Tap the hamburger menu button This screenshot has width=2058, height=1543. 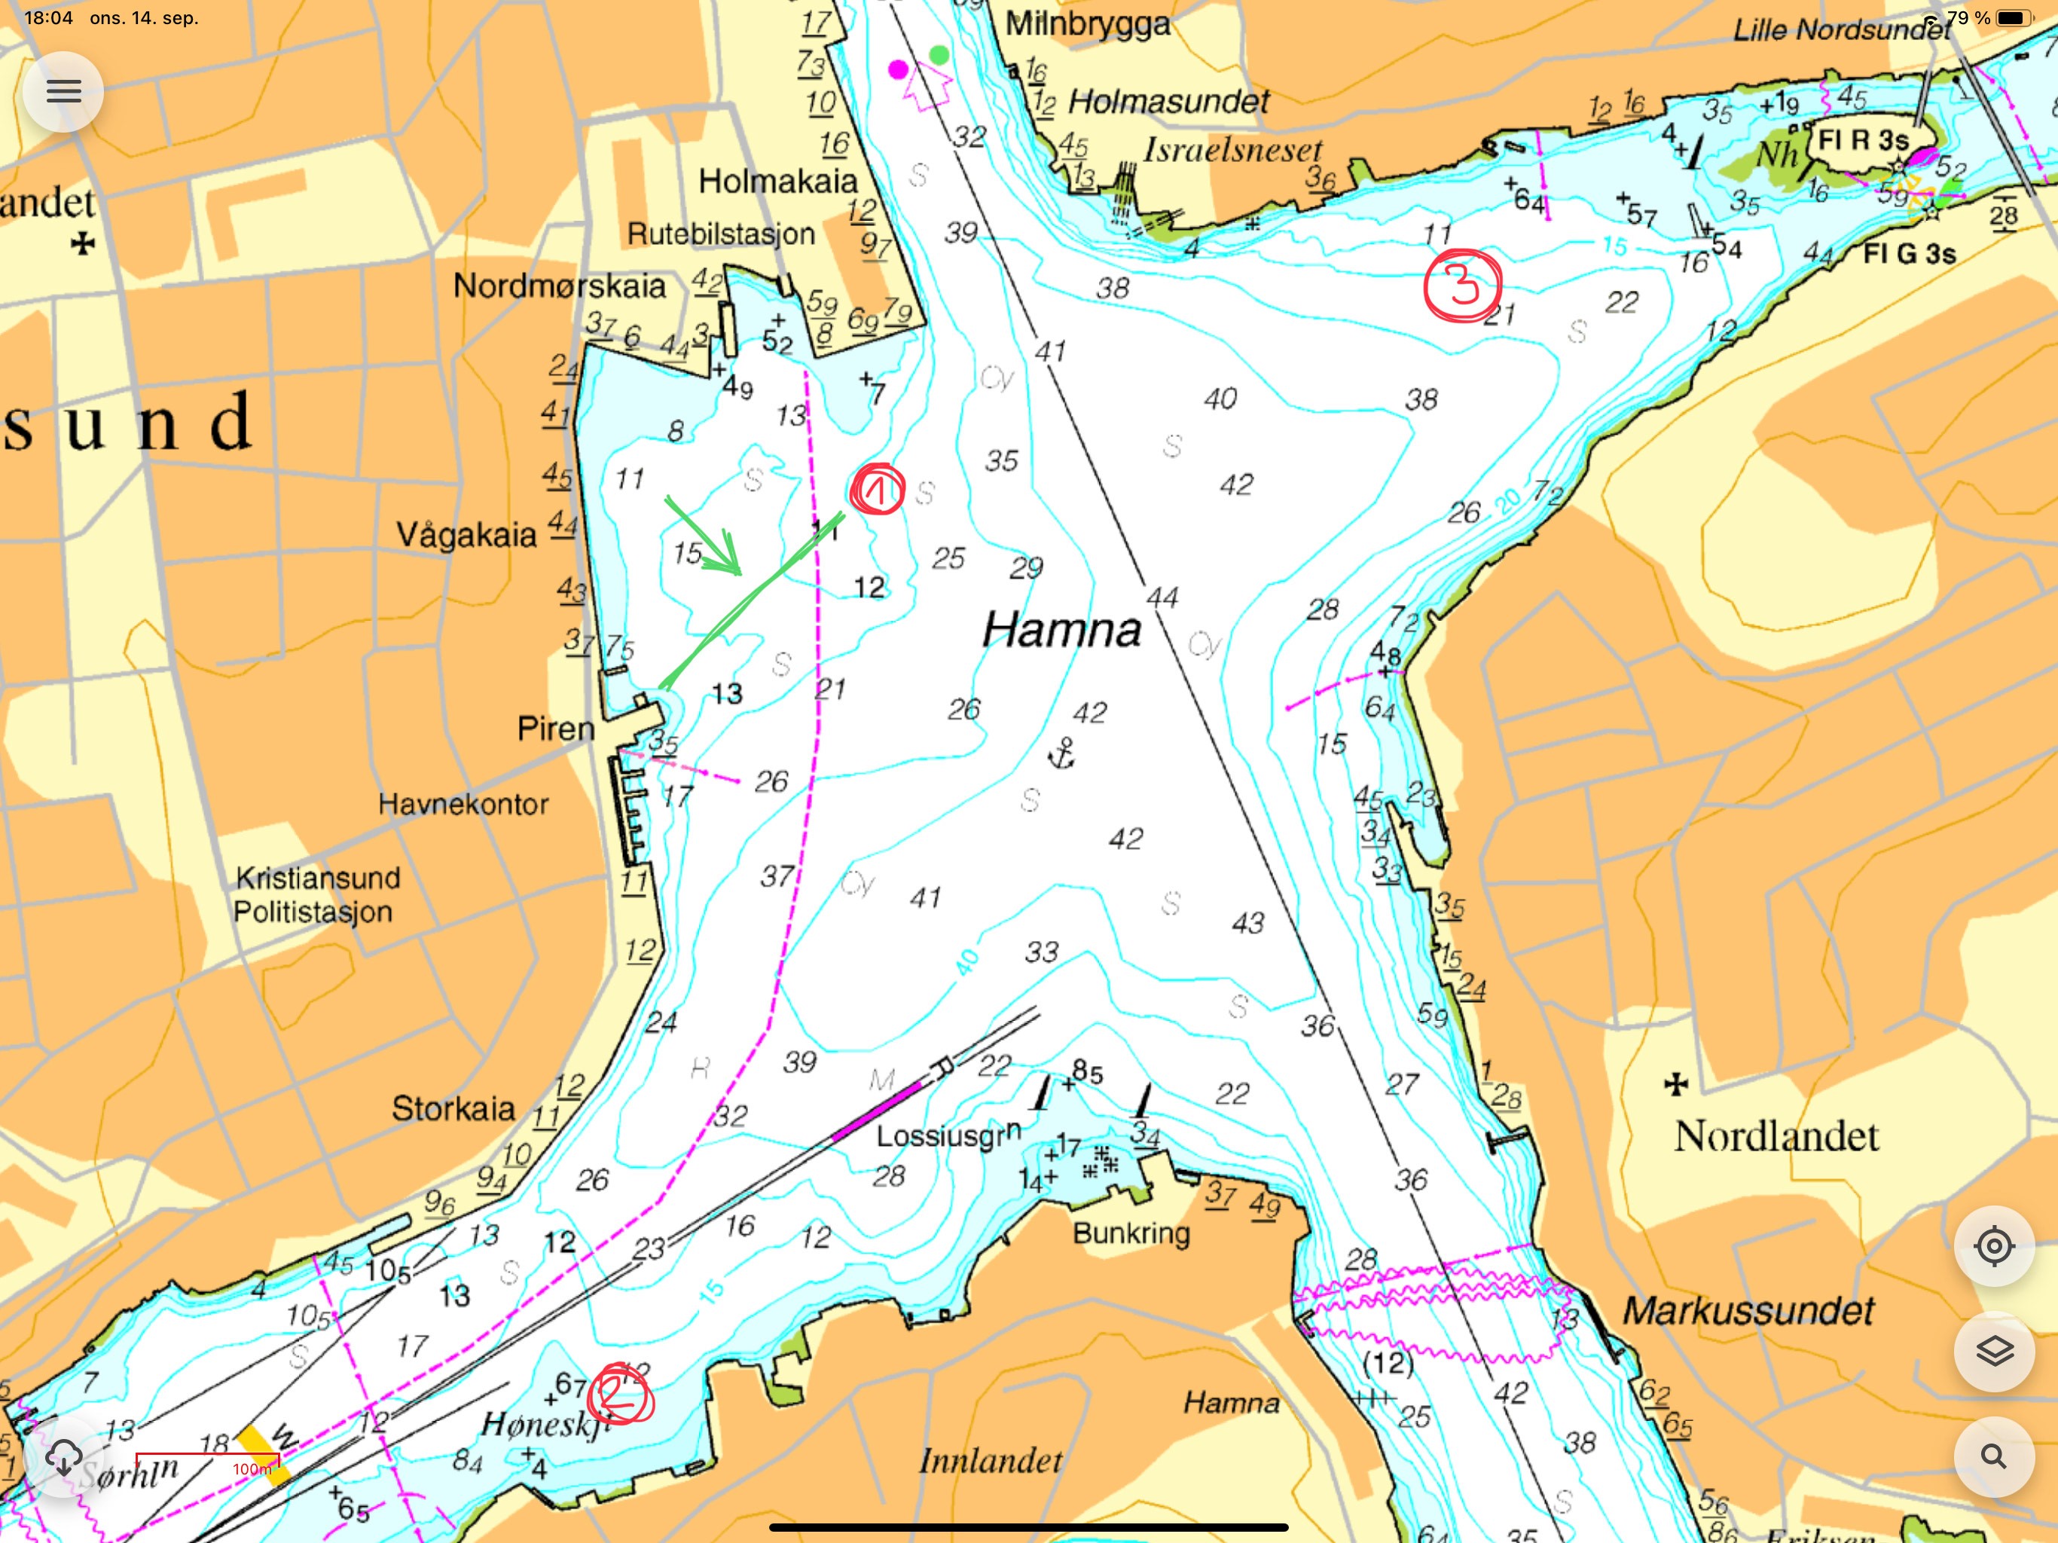point(63,91)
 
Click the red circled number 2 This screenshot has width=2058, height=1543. point(620,1394)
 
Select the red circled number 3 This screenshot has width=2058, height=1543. point(1463,285)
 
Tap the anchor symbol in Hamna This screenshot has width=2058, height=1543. point(1061,753)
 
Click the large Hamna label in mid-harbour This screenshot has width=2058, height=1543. point(1061,630)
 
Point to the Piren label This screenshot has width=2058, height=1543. point(555,729)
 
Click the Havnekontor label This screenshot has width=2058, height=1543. point(463,804)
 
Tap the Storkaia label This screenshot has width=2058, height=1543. point(453,1108)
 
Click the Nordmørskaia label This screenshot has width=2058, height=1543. point(559,286)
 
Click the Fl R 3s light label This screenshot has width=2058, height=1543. point(1863,141)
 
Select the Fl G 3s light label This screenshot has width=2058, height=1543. point(1909,253)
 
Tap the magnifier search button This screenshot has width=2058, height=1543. point(1993,1456)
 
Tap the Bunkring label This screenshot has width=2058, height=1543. point(1131,1233)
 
